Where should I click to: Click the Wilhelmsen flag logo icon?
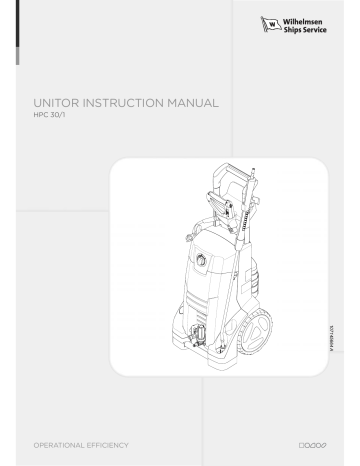pyautogui.click(x=268, y=23)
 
